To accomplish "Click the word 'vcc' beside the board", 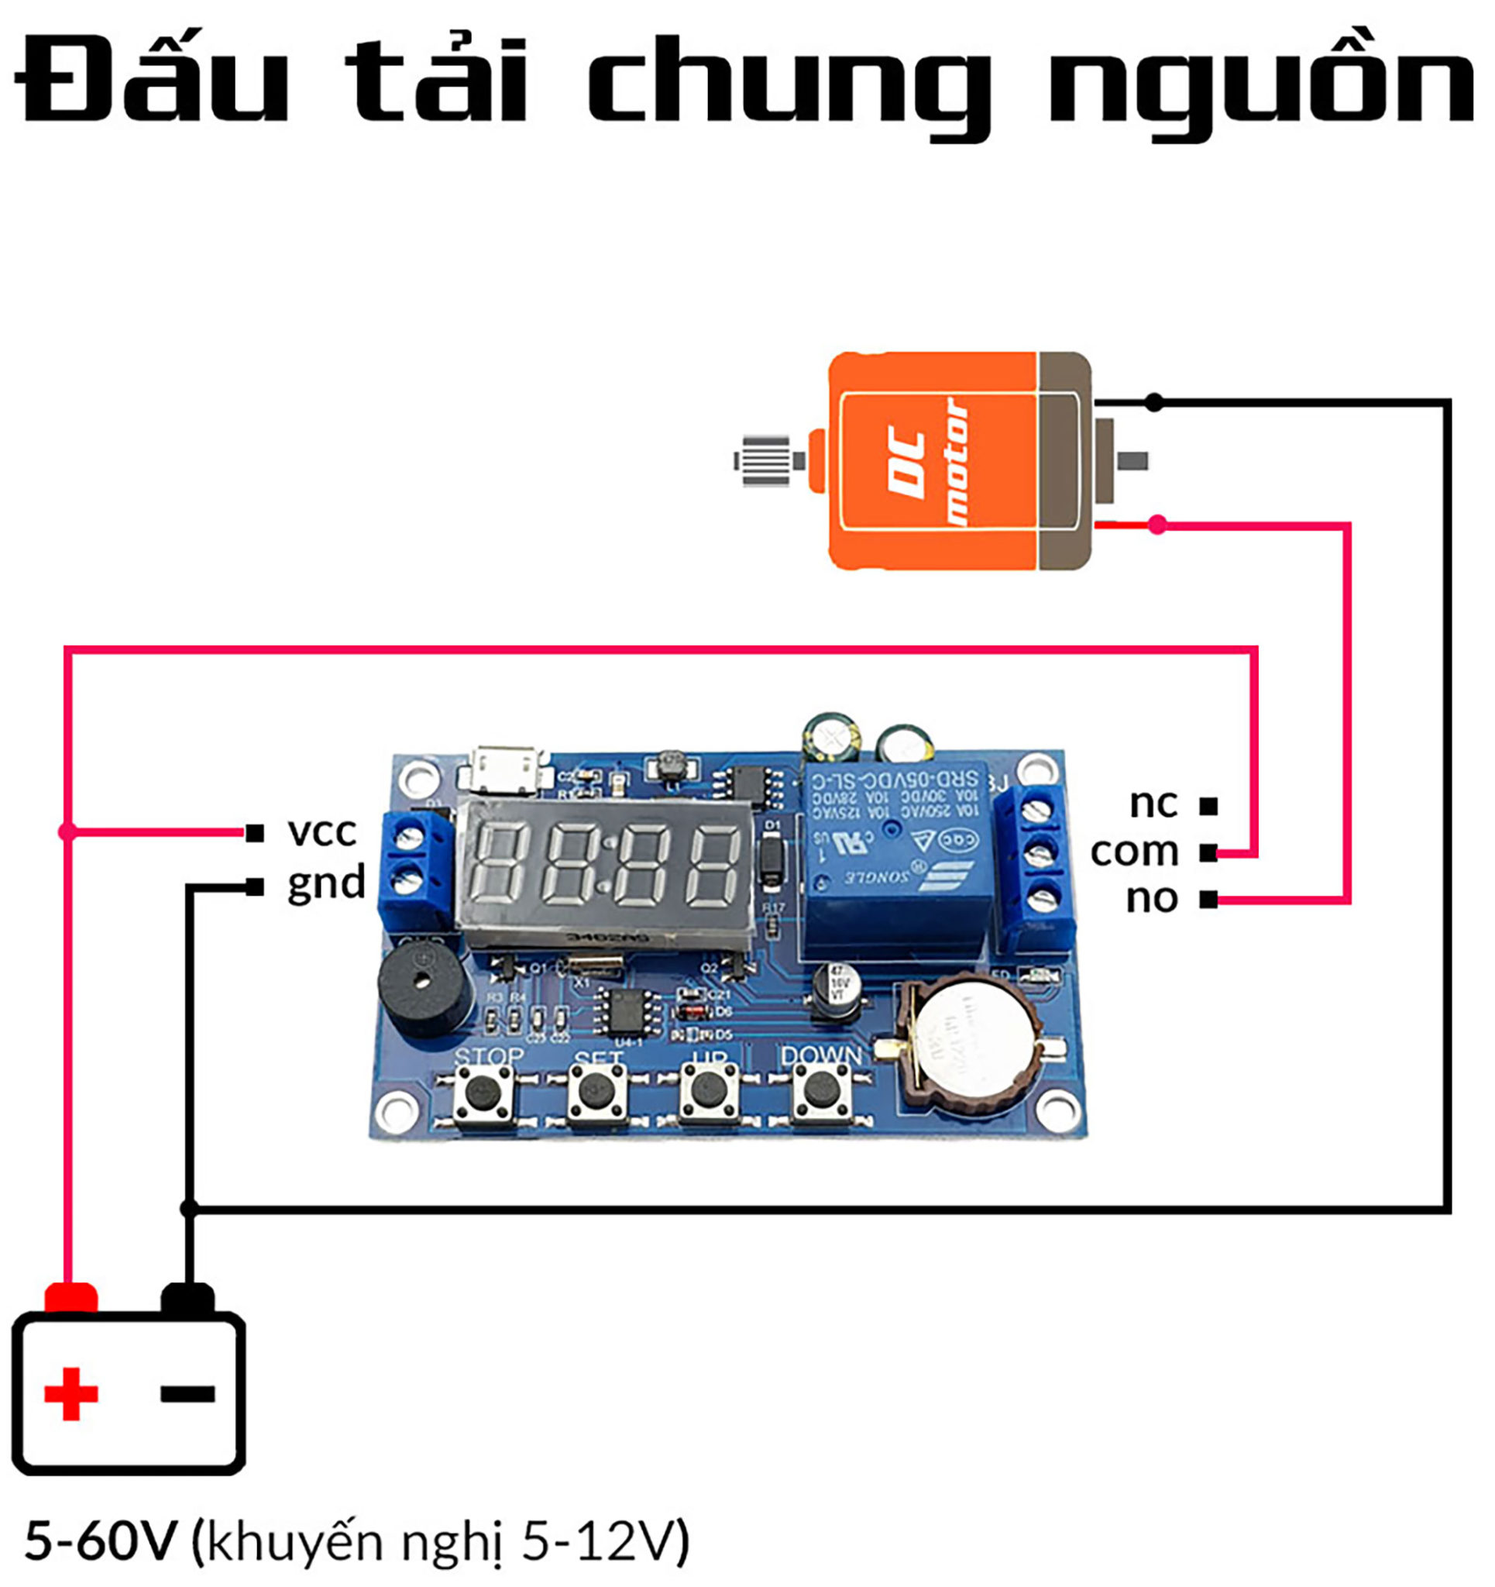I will click(x=321, y=831).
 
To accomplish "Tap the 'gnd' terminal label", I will click(x=325, y=883).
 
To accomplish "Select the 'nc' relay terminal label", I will click(x=1153, y=803).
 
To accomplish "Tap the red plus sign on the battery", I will click(x=71, y=1394).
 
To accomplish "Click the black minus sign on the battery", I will click(x=187, y=1394).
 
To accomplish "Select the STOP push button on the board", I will click(x=483, y=1092).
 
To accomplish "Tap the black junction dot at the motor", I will click(x=1153, y=402).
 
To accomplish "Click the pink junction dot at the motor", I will click(x=1156, y=525).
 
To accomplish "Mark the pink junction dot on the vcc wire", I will click(x=68, y=832).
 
